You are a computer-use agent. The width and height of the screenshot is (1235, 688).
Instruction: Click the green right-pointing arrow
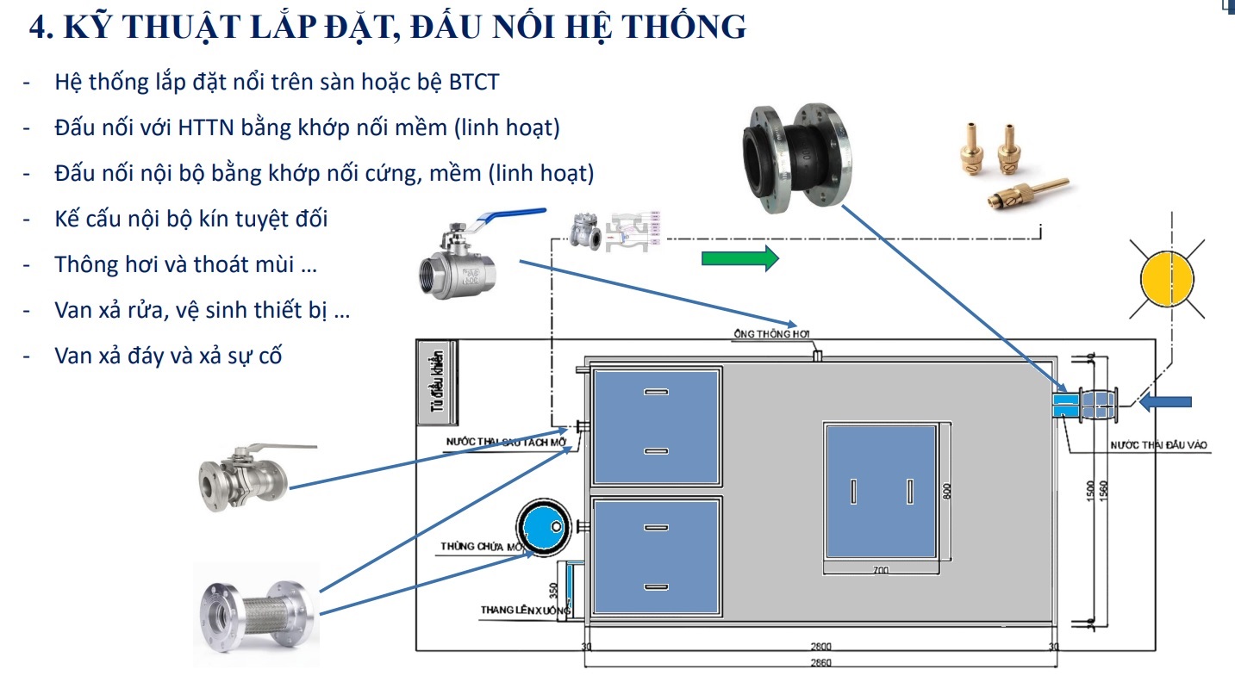tap(739, 258)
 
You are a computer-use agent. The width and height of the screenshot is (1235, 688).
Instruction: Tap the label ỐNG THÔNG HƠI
tap(772, 334)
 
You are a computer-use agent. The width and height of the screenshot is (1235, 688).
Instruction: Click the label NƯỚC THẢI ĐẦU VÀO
tap(1159, 445)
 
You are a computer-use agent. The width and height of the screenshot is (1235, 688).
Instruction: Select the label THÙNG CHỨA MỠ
tap(483, 547)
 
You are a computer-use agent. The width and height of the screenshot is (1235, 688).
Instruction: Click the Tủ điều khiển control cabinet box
tap(438, 383)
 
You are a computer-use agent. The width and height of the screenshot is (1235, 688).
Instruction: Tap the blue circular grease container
tap(543, 527)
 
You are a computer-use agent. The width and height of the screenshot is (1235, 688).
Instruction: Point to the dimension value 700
tap(880, 569)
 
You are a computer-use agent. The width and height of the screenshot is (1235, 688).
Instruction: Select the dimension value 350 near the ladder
tap(553, 591)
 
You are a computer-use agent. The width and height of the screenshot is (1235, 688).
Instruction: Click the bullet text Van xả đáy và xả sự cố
tap(168, 356)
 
